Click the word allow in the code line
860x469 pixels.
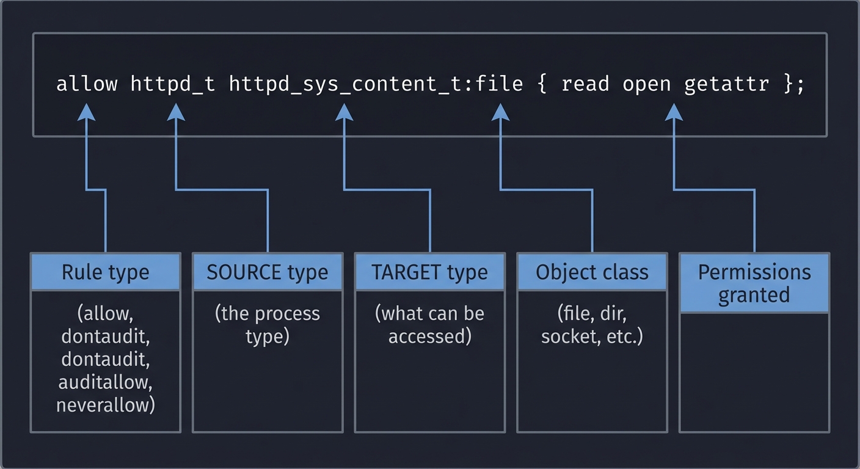[x=87, y=84]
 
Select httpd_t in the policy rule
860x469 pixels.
[x=173, y=84]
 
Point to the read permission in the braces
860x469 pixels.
[x=585, y=84]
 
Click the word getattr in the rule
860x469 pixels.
[x=726, y=84]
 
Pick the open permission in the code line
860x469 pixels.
[x=647, y=84]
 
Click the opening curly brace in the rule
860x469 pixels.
[x=541, y=84]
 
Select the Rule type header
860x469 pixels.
[x=106, y=272]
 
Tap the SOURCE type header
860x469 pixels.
[x=268, y=272]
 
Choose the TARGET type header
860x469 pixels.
[x=430, y=272]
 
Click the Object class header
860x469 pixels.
[x=592, y=272]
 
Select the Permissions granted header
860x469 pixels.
[x=754, y=283]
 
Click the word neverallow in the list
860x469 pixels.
[x=106, y=405]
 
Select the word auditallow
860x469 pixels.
[x=106, y=382]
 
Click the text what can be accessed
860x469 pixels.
[x=430, y=325]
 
